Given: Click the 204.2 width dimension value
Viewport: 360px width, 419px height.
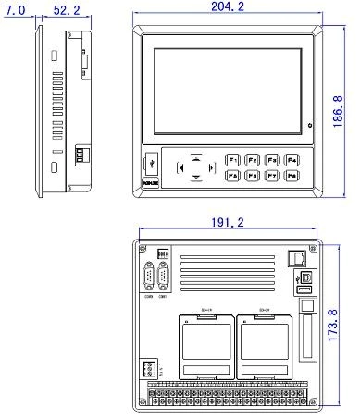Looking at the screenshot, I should (x=227, y=7).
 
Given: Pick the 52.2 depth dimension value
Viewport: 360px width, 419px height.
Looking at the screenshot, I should (x=66, y=9).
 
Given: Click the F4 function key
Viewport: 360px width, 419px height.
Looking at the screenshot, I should (x=292, y=159).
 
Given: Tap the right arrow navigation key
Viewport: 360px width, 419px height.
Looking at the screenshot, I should (x=208, y=167).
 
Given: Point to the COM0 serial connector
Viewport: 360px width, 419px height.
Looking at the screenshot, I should (x=149, y=277).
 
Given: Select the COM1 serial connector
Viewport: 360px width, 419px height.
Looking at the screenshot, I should (x=164, y=277).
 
